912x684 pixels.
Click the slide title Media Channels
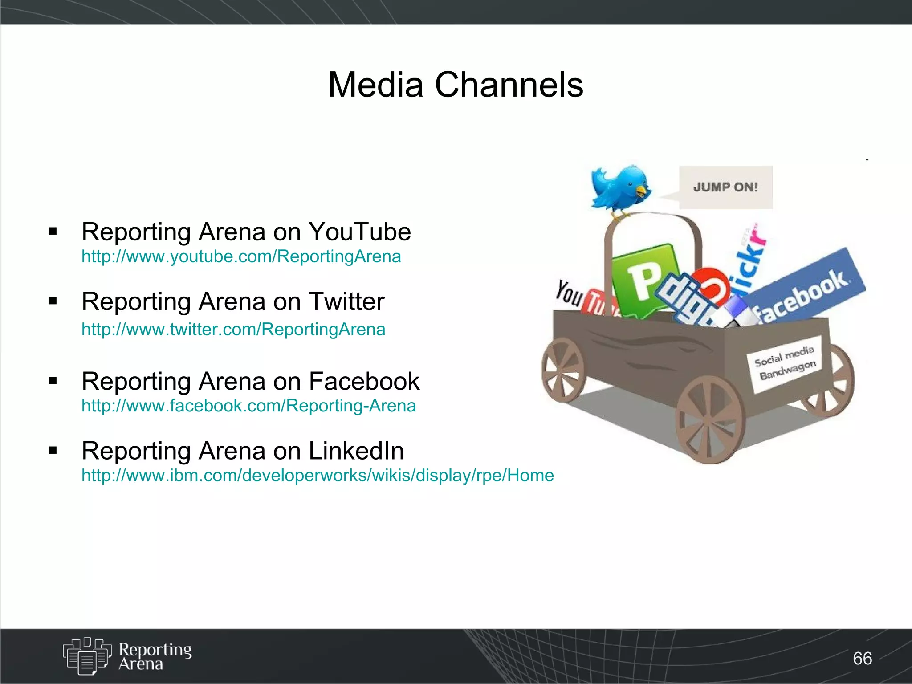pyautogui.click(x=455, y=85)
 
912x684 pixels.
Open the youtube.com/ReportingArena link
pyautogui.click(x=241, y=256)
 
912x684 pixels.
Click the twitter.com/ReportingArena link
pyautogui.click(x=233, y=330)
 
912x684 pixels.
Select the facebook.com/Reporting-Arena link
pyautogui.click(x=248, y=406)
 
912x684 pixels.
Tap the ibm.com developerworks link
pyautogui.click(x=318, y=476)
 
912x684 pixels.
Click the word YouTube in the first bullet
pyautogui.click(x=359, y=232)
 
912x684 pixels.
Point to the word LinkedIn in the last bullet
pyautogui.click(x=356, y=451)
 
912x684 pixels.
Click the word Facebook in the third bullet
pyautogui.click(x=364, y=381)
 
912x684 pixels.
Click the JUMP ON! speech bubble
pyautogui.click(x=725, y=187)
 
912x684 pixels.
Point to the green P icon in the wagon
pyautogui.click(x=643, y=278)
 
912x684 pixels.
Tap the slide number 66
pyautogui.click(x=862, y=658)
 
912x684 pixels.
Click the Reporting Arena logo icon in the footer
pyautogui.click(x=86, y=656)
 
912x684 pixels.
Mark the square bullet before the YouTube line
pyautogui.click(x=53, y=231)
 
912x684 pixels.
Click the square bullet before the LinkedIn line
pyautogui.click(x=53, y=451)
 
